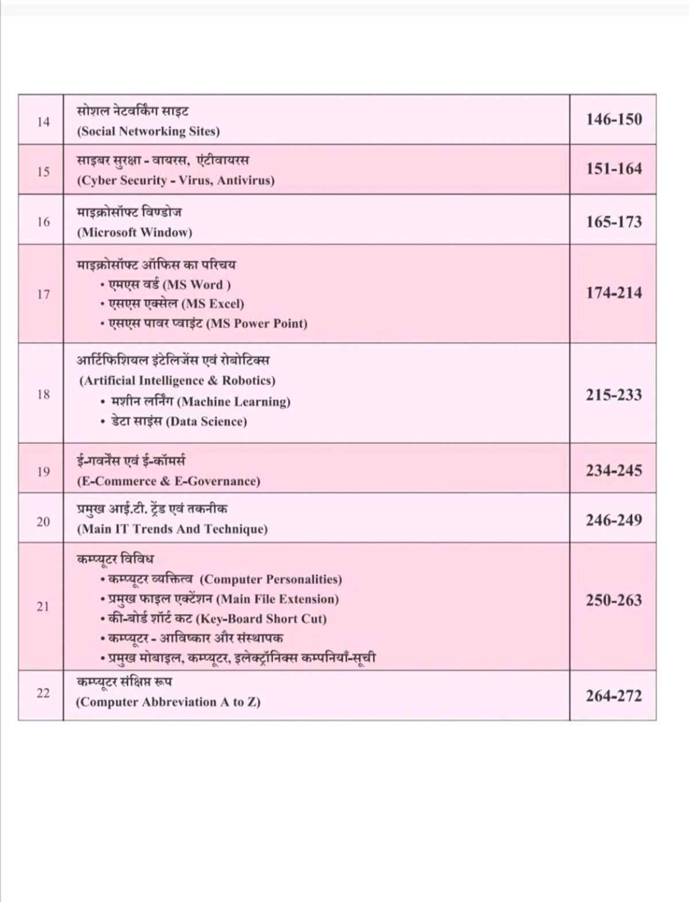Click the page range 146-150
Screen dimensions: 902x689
613,119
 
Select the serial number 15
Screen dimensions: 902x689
43,171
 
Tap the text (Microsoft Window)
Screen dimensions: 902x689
134,233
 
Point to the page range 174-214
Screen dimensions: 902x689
613,293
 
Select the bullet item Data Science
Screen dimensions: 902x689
179,421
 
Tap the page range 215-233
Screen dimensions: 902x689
613,395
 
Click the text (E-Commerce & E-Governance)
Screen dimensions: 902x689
168,481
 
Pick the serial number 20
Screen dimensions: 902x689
43,521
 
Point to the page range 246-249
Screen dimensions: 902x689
613,520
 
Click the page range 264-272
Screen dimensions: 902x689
613,696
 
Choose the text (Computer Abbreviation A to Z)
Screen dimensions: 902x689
168,702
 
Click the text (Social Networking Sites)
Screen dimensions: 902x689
148,131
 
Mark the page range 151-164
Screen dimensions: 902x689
613,169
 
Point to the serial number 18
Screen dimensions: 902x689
43,394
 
